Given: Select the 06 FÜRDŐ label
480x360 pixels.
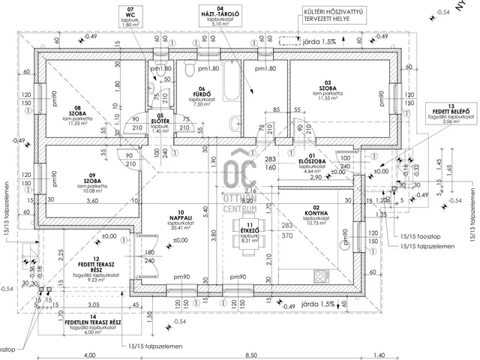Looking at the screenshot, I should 204,95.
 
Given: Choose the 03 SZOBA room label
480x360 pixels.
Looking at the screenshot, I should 327,89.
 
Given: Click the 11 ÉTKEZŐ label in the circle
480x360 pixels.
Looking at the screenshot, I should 248,232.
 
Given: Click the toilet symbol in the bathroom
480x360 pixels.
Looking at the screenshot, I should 190,70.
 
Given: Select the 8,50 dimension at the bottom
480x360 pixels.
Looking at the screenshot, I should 251,354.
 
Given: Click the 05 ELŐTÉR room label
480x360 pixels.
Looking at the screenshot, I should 160,123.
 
